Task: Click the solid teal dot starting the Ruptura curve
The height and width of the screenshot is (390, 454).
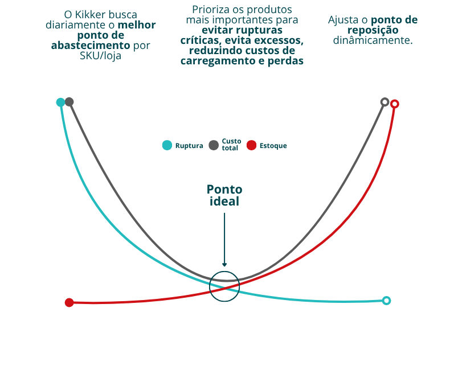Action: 60,102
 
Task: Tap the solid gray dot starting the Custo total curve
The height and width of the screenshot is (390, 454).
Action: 69,102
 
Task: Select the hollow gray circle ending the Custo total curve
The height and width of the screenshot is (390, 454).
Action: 385,102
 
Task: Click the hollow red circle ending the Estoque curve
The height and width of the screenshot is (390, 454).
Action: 395,104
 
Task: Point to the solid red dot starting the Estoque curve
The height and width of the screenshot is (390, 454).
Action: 69,303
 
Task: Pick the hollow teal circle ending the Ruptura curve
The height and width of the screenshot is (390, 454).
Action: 386,301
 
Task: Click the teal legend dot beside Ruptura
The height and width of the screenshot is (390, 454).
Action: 167,145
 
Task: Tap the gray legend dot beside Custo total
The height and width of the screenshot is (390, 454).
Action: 214,145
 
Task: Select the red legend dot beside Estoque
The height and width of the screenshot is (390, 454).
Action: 251,145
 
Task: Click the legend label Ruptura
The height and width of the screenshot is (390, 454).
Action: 189,146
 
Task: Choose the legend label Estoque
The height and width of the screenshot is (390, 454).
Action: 273,146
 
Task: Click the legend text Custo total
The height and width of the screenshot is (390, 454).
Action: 231,145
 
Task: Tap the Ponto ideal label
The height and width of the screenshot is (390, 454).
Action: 224,196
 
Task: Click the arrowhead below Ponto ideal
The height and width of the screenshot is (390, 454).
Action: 224,264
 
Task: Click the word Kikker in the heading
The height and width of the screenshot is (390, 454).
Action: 91,14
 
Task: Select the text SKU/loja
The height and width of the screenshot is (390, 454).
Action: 100,56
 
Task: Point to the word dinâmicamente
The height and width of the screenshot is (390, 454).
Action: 373,40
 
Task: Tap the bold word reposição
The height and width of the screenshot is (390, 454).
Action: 373,30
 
